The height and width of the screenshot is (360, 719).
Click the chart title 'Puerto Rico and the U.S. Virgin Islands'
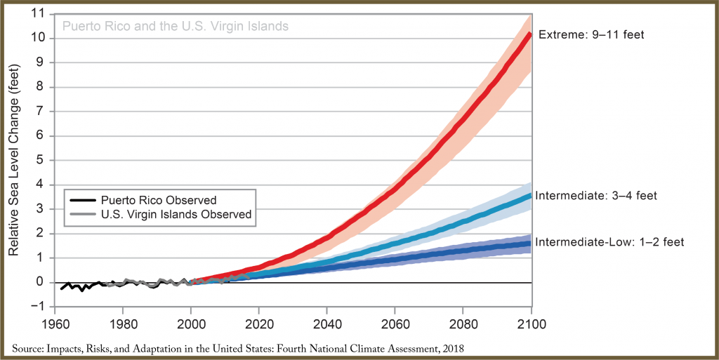176,27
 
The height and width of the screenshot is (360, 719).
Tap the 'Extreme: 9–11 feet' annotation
591,34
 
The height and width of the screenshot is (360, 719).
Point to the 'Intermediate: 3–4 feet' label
596,196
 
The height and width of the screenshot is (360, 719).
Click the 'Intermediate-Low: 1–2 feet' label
609,242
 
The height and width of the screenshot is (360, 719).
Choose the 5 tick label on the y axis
39,161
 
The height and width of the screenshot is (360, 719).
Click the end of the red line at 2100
530,33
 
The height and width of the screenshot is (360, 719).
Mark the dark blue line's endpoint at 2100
530,244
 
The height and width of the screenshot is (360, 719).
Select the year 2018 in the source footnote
451,349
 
